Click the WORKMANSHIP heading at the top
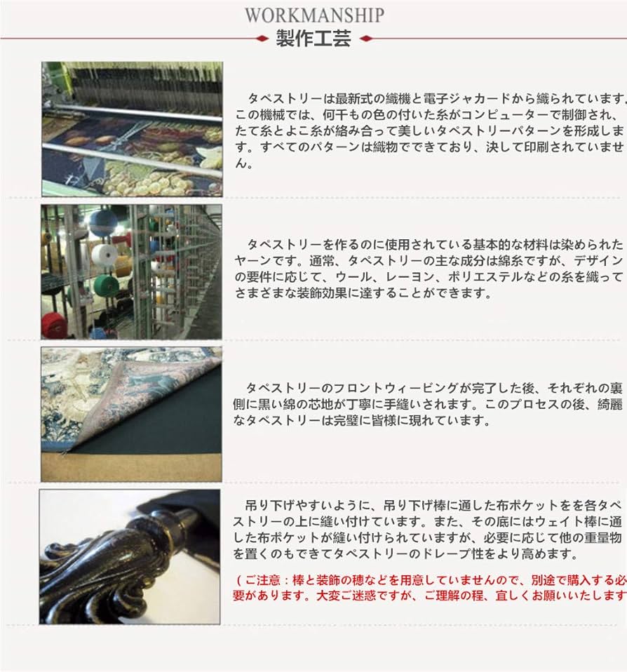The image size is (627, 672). point(314,15)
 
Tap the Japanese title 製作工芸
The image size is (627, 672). point(313,39)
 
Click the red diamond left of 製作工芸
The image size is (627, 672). point(262,39)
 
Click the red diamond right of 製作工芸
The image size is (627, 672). point(365,39)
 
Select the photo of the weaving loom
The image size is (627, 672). point(132,128)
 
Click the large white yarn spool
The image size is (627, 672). point(104,255)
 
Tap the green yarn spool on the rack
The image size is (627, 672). point(106,285)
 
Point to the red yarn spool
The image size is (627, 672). point(54,325)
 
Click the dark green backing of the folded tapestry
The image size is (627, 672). point(154,435)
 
